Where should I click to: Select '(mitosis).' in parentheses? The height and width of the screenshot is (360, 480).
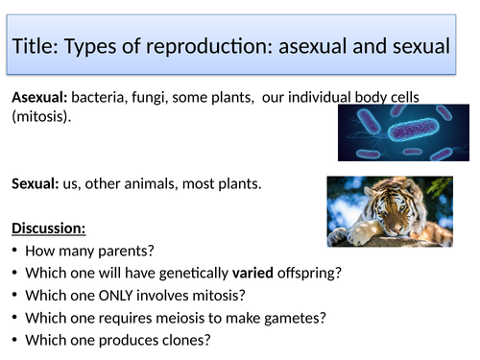[x=41, y=117]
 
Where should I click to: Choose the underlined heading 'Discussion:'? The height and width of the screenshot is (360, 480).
[x=48, y=229]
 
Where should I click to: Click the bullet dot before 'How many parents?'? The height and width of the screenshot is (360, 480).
[x=16, y=252]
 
